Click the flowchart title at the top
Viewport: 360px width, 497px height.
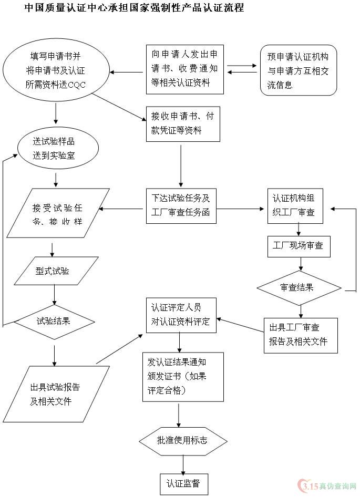(134, 8)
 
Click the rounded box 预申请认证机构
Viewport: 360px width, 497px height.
(298, 70)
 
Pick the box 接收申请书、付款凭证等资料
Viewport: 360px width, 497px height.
(182, 123)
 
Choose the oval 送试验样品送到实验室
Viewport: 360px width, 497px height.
(57, 148)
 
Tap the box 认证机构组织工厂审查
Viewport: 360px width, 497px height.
(295, 205)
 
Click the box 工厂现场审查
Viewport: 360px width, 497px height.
(299, 246)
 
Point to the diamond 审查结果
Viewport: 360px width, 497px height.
(299, 287)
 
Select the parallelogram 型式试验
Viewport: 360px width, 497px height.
(56, 271)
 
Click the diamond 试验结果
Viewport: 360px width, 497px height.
(54, 321)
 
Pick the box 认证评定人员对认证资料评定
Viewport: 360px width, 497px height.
(181, 314)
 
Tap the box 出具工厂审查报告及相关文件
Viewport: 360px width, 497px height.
(300, 335)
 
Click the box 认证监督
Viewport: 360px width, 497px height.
(183, 483)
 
